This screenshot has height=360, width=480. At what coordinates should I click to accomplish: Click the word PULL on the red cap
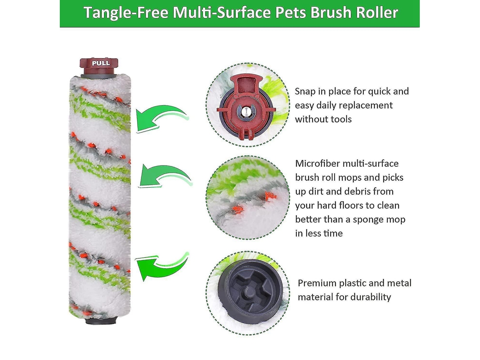click(101, 63)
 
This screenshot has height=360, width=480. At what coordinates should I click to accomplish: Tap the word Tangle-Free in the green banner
click(126, 13)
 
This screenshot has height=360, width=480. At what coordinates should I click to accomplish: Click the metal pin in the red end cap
click(246, 112)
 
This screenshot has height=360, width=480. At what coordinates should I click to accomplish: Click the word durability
click(371, 297)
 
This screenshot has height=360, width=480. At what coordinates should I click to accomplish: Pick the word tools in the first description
click(340, 119)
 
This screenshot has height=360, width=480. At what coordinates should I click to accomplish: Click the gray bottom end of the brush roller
click(101, 320)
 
